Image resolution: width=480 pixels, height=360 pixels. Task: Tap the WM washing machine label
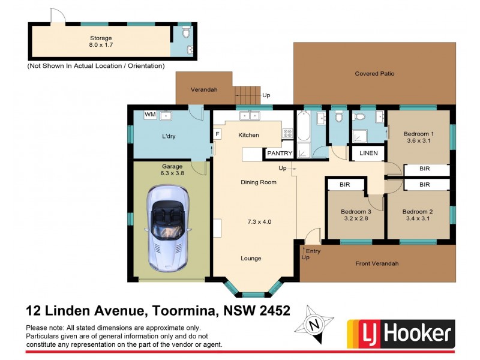150,115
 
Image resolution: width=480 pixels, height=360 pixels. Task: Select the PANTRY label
280,154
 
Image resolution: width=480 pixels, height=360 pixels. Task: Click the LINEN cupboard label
368,153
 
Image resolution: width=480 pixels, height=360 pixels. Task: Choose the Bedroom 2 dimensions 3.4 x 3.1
418,219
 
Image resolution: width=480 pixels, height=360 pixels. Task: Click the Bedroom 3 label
356,212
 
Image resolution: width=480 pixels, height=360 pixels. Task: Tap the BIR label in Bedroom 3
344,185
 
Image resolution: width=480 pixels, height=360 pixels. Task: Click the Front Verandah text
377,263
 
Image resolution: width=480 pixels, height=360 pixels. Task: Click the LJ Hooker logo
401,332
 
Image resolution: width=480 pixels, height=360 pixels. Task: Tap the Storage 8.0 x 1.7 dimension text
101,45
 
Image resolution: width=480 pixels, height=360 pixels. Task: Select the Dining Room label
259,182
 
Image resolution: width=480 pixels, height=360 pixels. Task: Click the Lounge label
251,259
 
